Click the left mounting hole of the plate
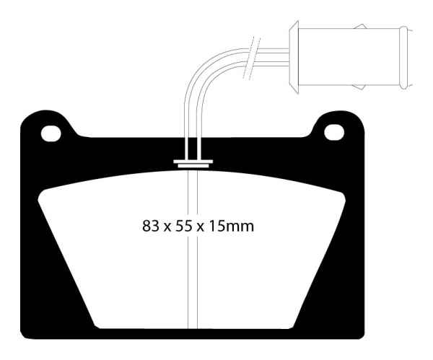click(x=50, y=133)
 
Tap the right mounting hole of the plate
click(x=333, y=133)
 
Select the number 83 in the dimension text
click(x=152, y=226)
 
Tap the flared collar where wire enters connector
click(x=292, y=56)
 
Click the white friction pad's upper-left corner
click(x=45, y=189)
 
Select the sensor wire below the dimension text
click(x=192, y=289)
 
